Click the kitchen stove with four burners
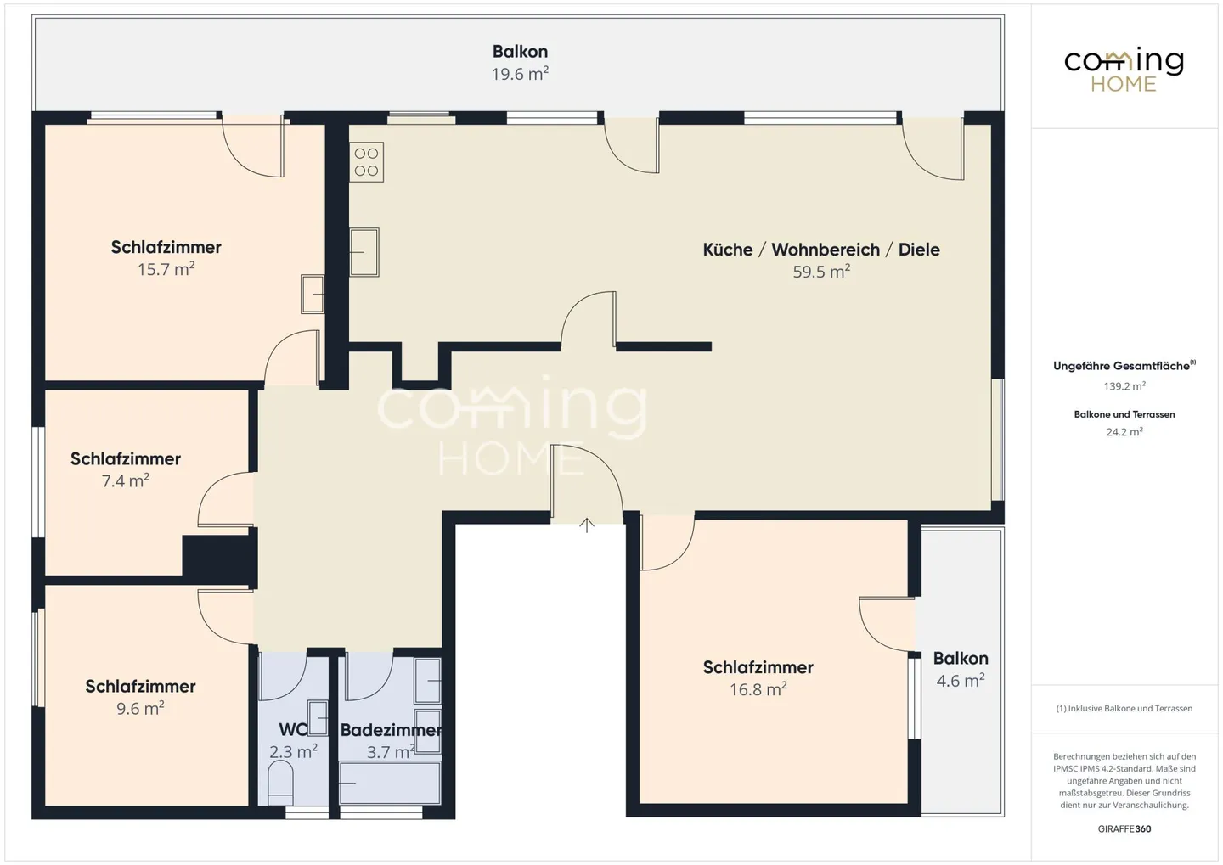366,162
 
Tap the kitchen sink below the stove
364,252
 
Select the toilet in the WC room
279,781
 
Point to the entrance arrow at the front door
587,525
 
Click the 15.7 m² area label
166,270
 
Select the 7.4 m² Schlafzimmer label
126,459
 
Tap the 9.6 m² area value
140,709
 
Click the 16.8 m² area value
758,690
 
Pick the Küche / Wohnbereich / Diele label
820,250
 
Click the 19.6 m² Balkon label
520,75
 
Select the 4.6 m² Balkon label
960,681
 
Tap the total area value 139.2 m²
1124,386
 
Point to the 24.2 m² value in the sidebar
1124,432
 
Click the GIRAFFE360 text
1124,829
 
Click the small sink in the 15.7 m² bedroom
312,294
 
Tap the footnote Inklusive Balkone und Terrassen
1124,709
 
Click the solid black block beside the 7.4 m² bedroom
219,558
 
